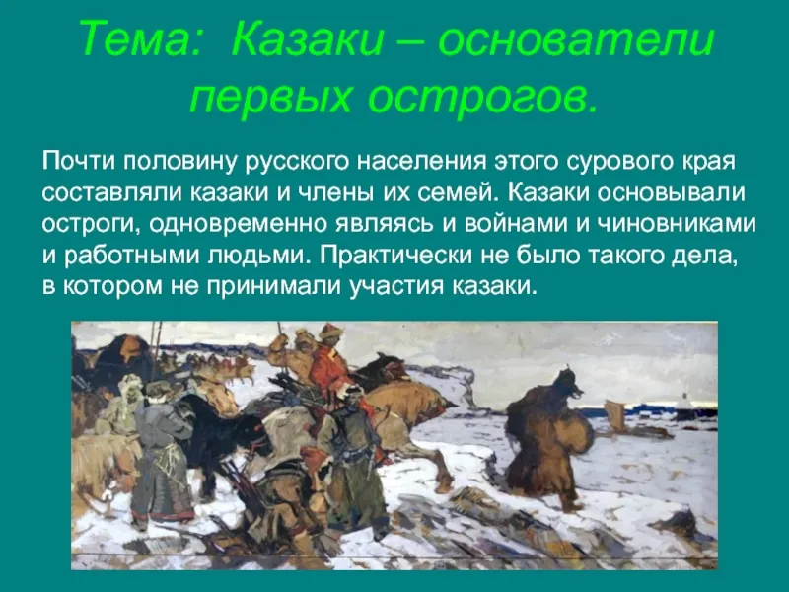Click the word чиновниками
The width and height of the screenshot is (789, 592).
click(677, 224)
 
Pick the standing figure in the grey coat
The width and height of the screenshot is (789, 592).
click(161, 453)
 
